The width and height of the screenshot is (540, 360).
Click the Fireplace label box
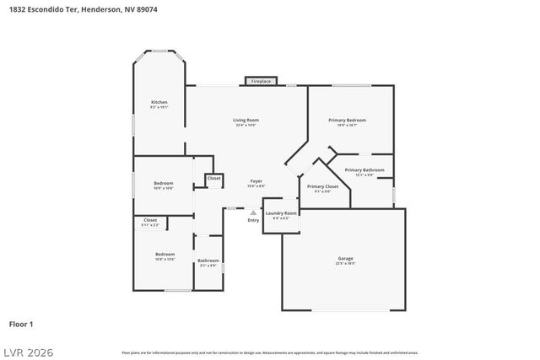[x=261, y=81]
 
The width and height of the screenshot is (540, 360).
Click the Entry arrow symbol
[x=253, y=212]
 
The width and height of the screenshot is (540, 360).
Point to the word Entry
[x=253, y=220]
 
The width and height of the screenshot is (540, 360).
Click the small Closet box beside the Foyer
[x=214, y=179]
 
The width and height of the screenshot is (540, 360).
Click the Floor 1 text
[x=21, y=323]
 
